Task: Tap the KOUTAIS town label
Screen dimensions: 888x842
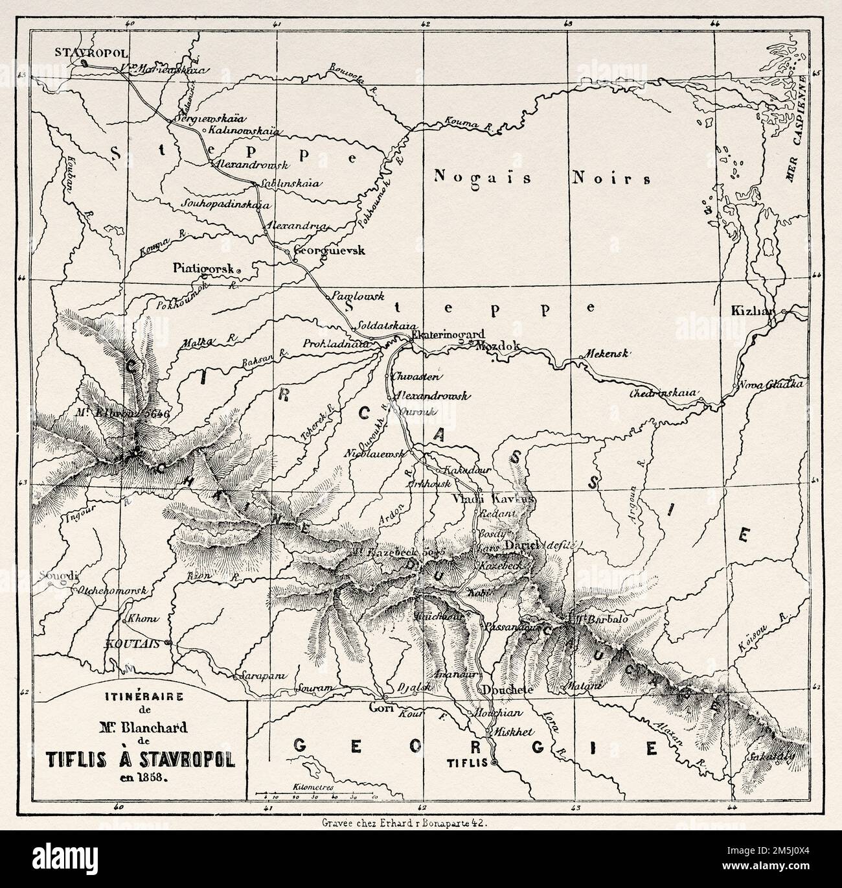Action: pyautogui.click(x=137, y=646)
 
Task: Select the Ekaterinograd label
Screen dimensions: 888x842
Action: pyautogui.click(x=444, y=335)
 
